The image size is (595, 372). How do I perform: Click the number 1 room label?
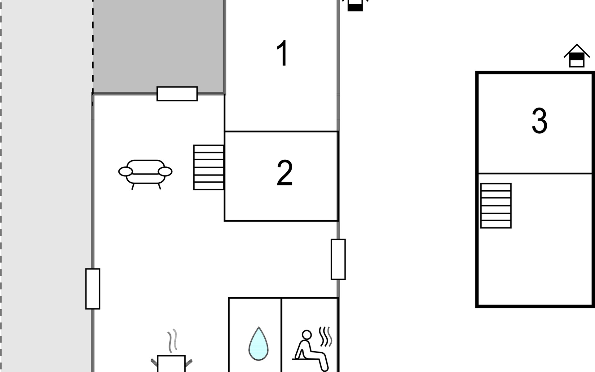[x=282, y=53]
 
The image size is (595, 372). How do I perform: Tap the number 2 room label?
[x=284, y=173]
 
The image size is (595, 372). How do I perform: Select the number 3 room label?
[x=540, y=121]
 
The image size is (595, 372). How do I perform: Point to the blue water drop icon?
[x=258, y=344]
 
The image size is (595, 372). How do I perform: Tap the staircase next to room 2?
[x=209, y=167]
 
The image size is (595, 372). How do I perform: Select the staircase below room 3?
[x=496, y=206]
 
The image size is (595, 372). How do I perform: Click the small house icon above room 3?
[x=576, y=56]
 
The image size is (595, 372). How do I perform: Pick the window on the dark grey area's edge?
[x=177, y=94]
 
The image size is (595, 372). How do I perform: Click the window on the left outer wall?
[x=93, y=289]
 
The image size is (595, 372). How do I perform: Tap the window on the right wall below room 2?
[x=338, y=259]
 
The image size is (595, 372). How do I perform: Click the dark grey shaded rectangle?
[x=158, y=46]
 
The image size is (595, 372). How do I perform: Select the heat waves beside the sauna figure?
[x=326, y=336]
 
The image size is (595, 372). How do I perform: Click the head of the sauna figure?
[x=306, y=335]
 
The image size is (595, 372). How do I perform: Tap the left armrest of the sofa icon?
[x=126, y=171]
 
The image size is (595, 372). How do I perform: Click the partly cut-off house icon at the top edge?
[x=355, y=6]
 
